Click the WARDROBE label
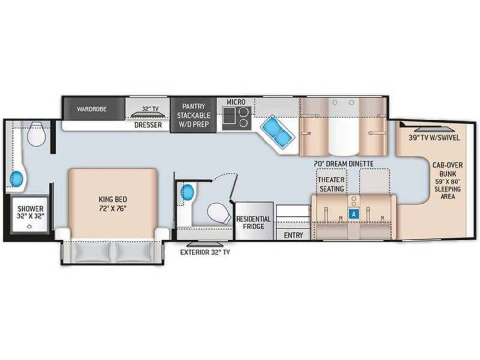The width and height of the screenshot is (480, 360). [x=92, y=109]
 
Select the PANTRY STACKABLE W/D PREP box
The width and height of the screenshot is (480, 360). [x=193, y=115]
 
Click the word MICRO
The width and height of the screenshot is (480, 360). [x=236, y=102]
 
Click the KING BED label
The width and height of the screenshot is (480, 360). [x=113, y=199]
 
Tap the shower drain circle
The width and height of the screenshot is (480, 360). [x=29, y=227]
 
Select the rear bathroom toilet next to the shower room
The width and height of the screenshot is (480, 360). [x=36, y=134]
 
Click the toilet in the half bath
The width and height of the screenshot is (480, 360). [x=219, y=214]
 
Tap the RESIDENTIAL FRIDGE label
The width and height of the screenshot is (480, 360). [x=253, y=223]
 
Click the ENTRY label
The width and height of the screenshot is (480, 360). [x=293, y=235]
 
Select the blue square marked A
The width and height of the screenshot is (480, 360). [x=354, y=214]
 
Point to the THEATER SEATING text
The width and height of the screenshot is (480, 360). [x=331, y=184]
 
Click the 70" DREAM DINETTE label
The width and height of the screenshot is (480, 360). [x=344, y=164]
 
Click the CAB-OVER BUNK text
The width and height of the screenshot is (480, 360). [x=447, y=169]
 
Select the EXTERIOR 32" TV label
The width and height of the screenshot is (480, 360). [x=205, y=252]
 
